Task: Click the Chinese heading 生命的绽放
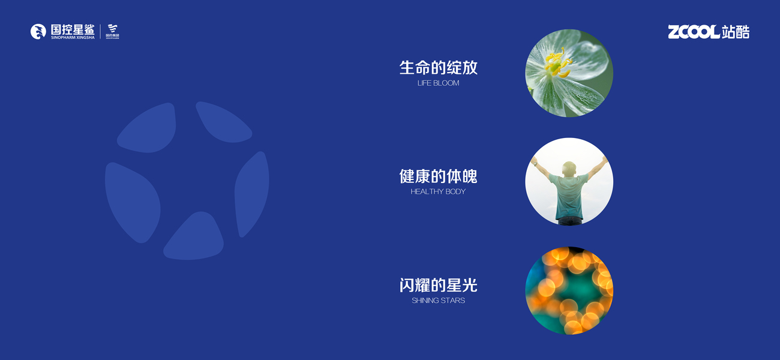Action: tap(438, 68)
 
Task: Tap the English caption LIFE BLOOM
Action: tap(438, 83)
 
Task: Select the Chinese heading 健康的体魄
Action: tap(438, 176)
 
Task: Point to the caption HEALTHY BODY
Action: tap(438, 191)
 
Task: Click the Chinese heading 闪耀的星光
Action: tap(438, 285)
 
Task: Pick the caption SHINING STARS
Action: tap(438, 301)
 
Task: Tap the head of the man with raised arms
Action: tap(569, 169)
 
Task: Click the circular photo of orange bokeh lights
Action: tap(569, 290)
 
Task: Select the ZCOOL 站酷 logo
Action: tap(709, 32)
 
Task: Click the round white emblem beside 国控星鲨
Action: tap(38, 32)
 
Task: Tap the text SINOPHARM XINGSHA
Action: tap(73, 38)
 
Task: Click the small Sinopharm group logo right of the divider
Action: tap(112, 32)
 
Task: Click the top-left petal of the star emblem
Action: tap(149, 129)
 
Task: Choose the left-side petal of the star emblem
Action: tap(133, 202)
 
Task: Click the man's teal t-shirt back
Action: tap(569, 196)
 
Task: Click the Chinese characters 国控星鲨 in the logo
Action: tap(73, 29)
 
